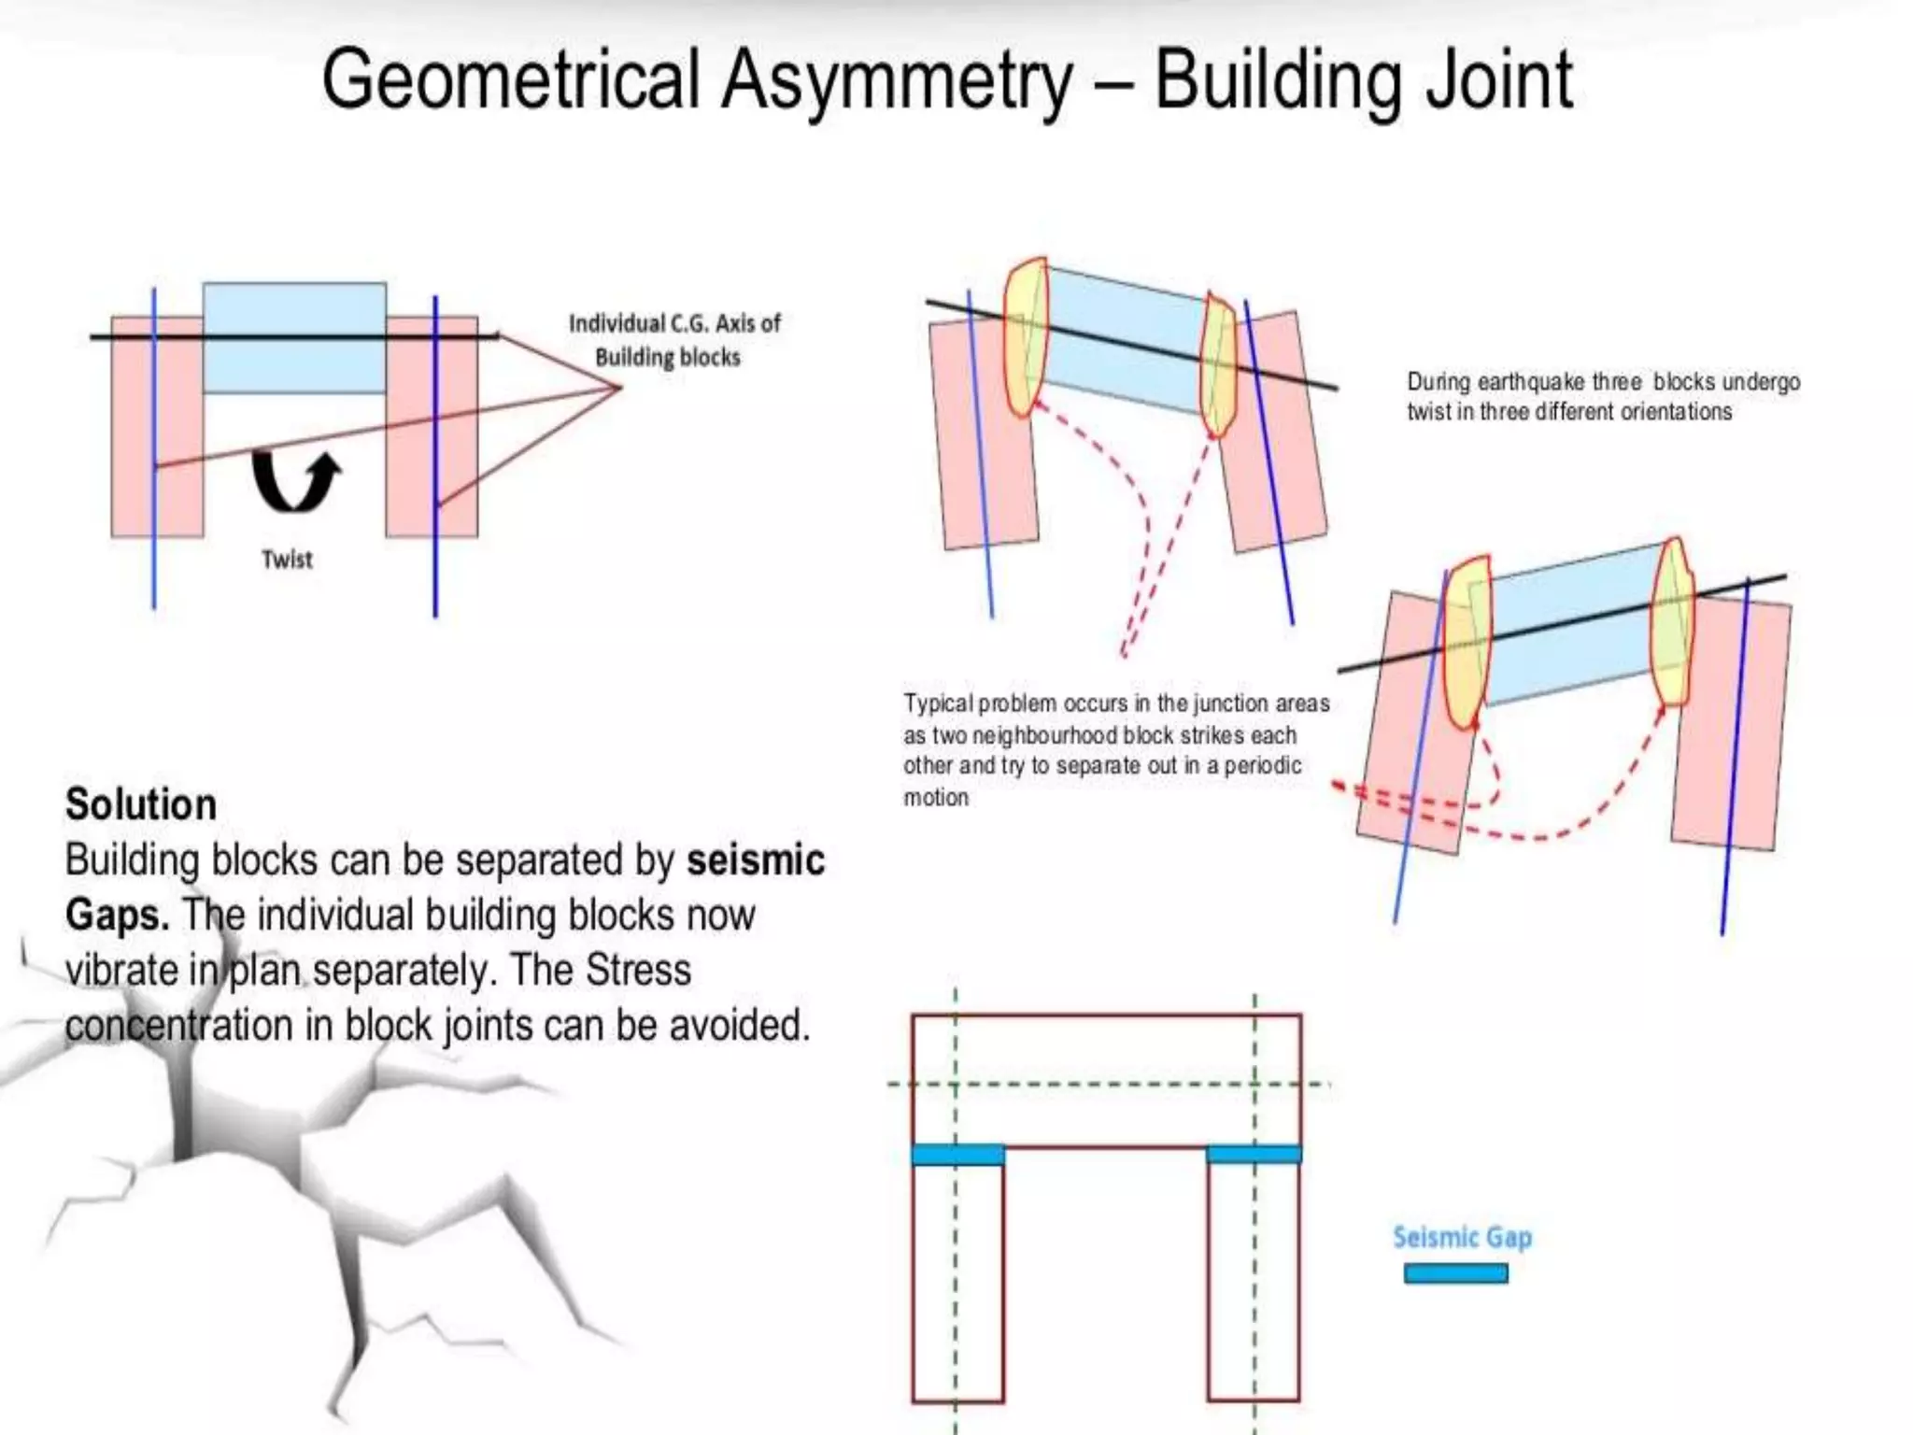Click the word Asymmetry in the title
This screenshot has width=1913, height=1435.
pos(897,82)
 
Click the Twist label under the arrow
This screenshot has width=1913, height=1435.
pos(287,560)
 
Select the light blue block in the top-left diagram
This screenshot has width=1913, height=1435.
pos(294,337)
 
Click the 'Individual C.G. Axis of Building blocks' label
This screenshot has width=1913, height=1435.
pos(674,340)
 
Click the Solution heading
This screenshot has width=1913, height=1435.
pos(141,804)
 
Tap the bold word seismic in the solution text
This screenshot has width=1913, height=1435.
pos(756,860)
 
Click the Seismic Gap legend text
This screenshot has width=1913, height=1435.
pos(1462,1237)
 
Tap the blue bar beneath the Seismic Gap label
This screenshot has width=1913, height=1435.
pos(1455,1273)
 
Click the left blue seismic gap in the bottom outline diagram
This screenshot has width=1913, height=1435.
pos(957,1156)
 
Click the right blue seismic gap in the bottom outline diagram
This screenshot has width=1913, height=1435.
pos(1254,1155)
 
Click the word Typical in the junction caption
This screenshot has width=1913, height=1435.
pos(937,703)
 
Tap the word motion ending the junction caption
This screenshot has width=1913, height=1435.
pos(936,798)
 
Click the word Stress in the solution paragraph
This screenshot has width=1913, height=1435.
pos(639,970)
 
